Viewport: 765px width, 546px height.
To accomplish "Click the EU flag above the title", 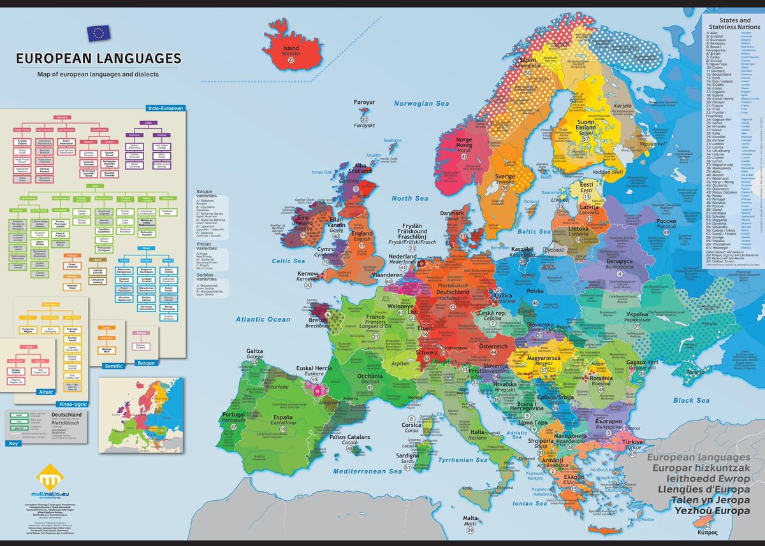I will [x=98, y=34].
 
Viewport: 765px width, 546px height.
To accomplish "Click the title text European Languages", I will [x=98, y=59].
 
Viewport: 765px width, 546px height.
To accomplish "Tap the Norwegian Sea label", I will [x=421, y=103].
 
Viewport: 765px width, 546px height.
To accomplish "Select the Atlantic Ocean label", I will [x=262, y=319].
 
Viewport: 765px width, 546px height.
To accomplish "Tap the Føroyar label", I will [x=365, y=101].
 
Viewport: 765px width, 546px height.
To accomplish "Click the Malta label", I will [x=470, y=519].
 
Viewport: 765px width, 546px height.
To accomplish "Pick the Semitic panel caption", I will [x=112, y=366].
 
